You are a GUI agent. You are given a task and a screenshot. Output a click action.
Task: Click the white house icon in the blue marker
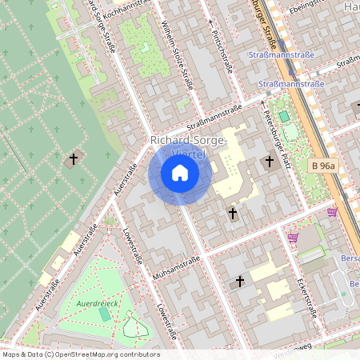click(x=180, y=172)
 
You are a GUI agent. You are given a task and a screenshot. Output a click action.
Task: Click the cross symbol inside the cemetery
click(x=74, y=158)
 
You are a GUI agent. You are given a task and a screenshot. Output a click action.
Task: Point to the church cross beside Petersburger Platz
click(x=269, y=162)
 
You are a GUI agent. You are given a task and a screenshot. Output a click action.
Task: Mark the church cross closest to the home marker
click(x=233, y=214)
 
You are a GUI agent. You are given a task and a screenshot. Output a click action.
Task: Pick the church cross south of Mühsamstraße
click(x=239, y=282)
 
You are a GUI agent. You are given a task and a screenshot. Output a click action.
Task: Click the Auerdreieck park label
click(x=97, y=304)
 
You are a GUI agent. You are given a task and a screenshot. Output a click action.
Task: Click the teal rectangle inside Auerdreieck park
click(x=105, y=314)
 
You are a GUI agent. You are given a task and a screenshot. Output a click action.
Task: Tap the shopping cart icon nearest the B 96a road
click(x=332, y=212)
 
